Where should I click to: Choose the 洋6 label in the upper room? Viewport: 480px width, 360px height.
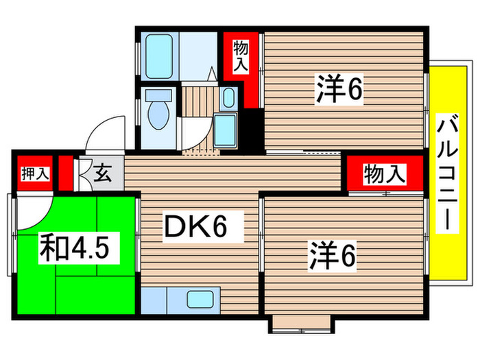(339, 91)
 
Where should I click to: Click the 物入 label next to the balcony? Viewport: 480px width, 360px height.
(384, 174)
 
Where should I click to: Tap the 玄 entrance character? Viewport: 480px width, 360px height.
(102, 174)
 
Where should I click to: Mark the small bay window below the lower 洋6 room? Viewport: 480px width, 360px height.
(302, 324)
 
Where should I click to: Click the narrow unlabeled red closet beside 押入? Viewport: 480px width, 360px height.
(65, 173)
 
